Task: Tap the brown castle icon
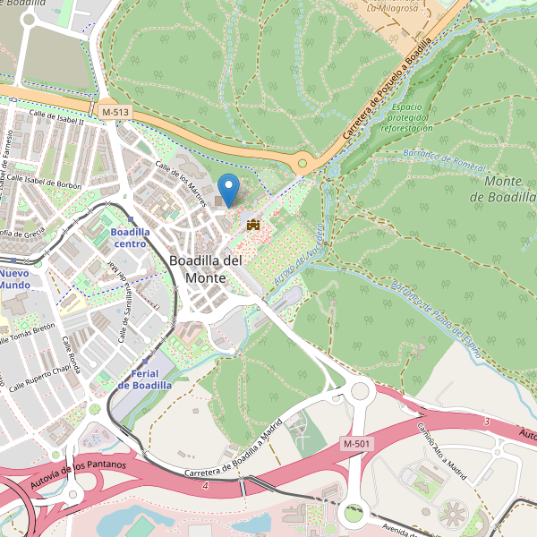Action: click(252, 224)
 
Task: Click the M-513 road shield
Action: click(115, 111)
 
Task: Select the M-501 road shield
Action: click(357, 444)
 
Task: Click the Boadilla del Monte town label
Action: click(205, 268)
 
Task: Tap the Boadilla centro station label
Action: click(129, 237)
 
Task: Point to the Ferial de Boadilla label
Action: click(144, 379)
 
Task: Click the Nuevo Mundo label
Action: click(14, 278)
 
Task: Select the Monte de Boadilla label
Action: click(508, 189)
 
